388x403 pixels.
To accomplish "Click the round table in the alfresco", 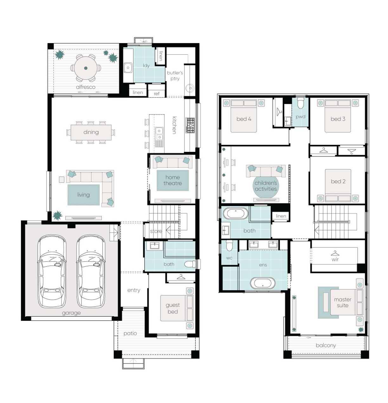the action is point(86,68).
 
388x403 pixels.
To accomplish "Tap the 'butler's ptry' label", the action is point(175,76).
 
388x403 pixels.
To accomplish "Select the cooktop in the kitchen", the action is point(190,125).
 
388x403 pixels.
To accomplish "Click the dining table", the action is point(91,132).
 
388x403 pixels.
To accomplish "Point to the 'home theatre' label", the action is point(173,180).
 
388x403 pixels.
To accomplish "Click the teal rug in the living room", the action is point(83,195).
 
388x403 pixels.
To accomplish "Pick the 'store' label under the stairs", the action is point(156,231).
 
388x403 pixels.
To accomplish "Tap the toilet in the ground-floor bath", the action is point(190,264).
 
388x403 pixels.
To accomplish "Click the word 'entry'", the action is point(134,290).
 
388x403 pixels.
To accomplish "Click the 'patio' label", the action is point(130,333).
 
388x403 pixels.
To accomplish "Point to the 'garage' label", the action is point(71,313).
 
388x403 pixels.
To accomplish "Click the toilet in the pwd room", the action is point(301,103).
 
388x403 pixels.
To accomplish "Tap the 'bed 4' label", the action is point(244,119).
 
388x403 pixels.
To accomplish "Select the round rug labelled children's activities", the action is point(266,186).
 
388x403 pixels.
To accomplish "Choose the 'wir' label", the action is point(335,259).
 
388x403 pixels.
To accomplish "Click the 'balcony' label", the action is point(326,345).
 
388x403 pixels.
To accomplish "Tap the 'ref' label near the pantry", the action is point(157,94).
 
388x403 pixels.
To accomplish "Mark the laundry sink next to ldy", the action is point(128,67).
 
